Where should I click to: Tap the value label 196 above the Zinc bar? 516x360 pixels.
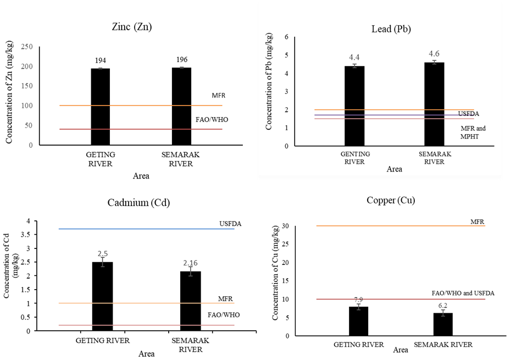[182, 60]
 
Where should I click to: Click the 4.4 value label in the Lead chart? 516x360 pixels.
[354, 57]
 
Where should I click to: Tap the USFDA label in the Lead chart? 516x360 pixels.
[469, 114]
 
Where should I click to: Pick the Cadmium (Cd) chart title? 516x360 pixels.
[138, 203]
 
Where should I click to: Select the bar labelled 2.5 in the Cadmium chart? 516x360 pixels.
[102, 296]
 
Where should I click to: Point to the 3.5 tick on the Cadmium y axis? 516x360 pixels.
[26, 235]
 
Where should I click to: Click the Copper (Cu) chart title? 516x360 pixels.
[391, 200]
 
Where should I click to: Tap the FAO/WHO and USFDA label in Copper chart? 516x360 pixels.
[463, 293]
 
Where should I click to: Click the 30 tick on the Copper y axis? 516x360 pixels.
[286, 226]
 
